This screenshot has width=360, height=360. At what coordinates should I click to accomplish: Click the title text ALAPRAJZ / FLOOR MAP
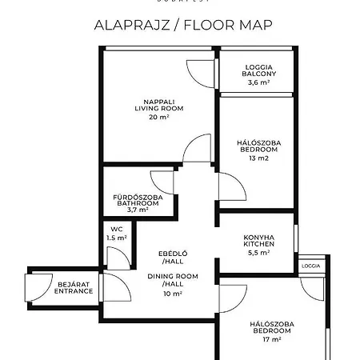(x=183, y=24)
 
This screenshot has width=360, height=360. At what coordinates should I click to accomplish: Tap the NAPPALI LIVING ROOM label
(x=154, y=105)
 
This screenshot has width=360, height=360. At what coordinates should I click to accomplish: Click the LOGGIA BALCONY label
(x=258, y=70)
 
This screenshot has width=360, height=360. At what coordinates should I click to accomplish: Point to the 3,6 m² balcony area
(x=258, y=82)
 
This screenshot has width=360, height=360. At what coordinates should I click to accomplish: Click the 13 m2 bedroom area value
(x=258, y=158)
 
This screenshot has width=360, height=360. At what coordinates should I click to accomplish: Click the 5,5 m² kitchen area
(x=259, y=253)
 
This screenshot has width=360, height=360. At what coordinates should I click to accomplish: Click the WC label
(x=116, y=228)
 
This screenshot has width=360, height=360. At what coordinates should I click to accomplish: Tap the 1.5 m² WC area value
(x=116, y=238)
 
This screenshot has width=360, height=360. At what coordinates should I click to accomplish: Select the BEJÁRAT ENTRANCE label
(x=74, y=287)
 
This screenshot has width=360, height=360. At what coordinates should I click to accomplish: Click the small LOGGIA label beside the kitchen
(x=310, y=266)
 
